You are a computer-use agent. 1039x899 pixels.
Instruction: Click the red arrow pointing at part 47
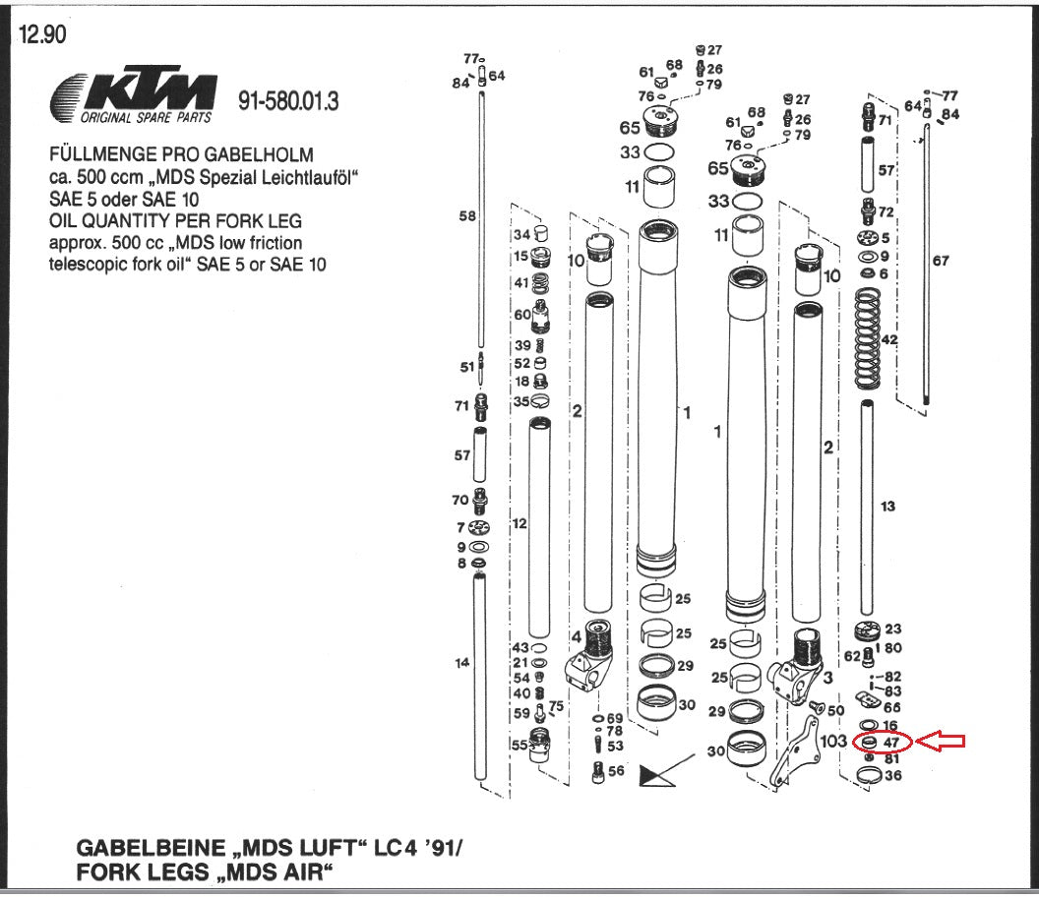click(x=942, y=742)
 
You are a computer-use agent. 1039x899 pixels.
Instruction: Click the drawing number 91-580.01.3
click(x=288, y=101)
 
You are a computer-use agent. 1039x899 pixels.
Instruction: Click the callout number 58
click(x=467, y=215)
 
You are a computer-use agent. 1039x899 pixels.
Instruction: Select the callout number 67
click(x=941, y=260)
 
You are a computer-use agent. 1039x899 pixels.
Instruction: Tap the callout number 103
click(x=833, y=741)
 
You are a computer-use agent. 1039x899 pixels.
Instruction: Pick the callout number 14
click(x=462, y=663)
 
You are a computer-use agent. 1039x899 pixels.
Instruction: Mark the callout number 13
click(x=888, y=506)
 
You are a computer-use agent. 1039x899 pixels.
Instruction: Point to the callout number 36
click(x=892, y=775)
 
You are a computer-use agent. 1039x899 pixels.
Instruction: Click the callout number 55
click(x=519, y=745)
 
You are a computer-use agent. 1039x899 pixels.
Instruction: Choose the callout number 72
click(x=886, y=211)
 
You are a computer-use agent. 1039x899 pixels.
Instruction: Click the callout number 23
click(x=892, y=629)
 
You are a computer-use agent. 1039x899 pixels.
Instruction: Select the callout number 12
click(x=519, y=523)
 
